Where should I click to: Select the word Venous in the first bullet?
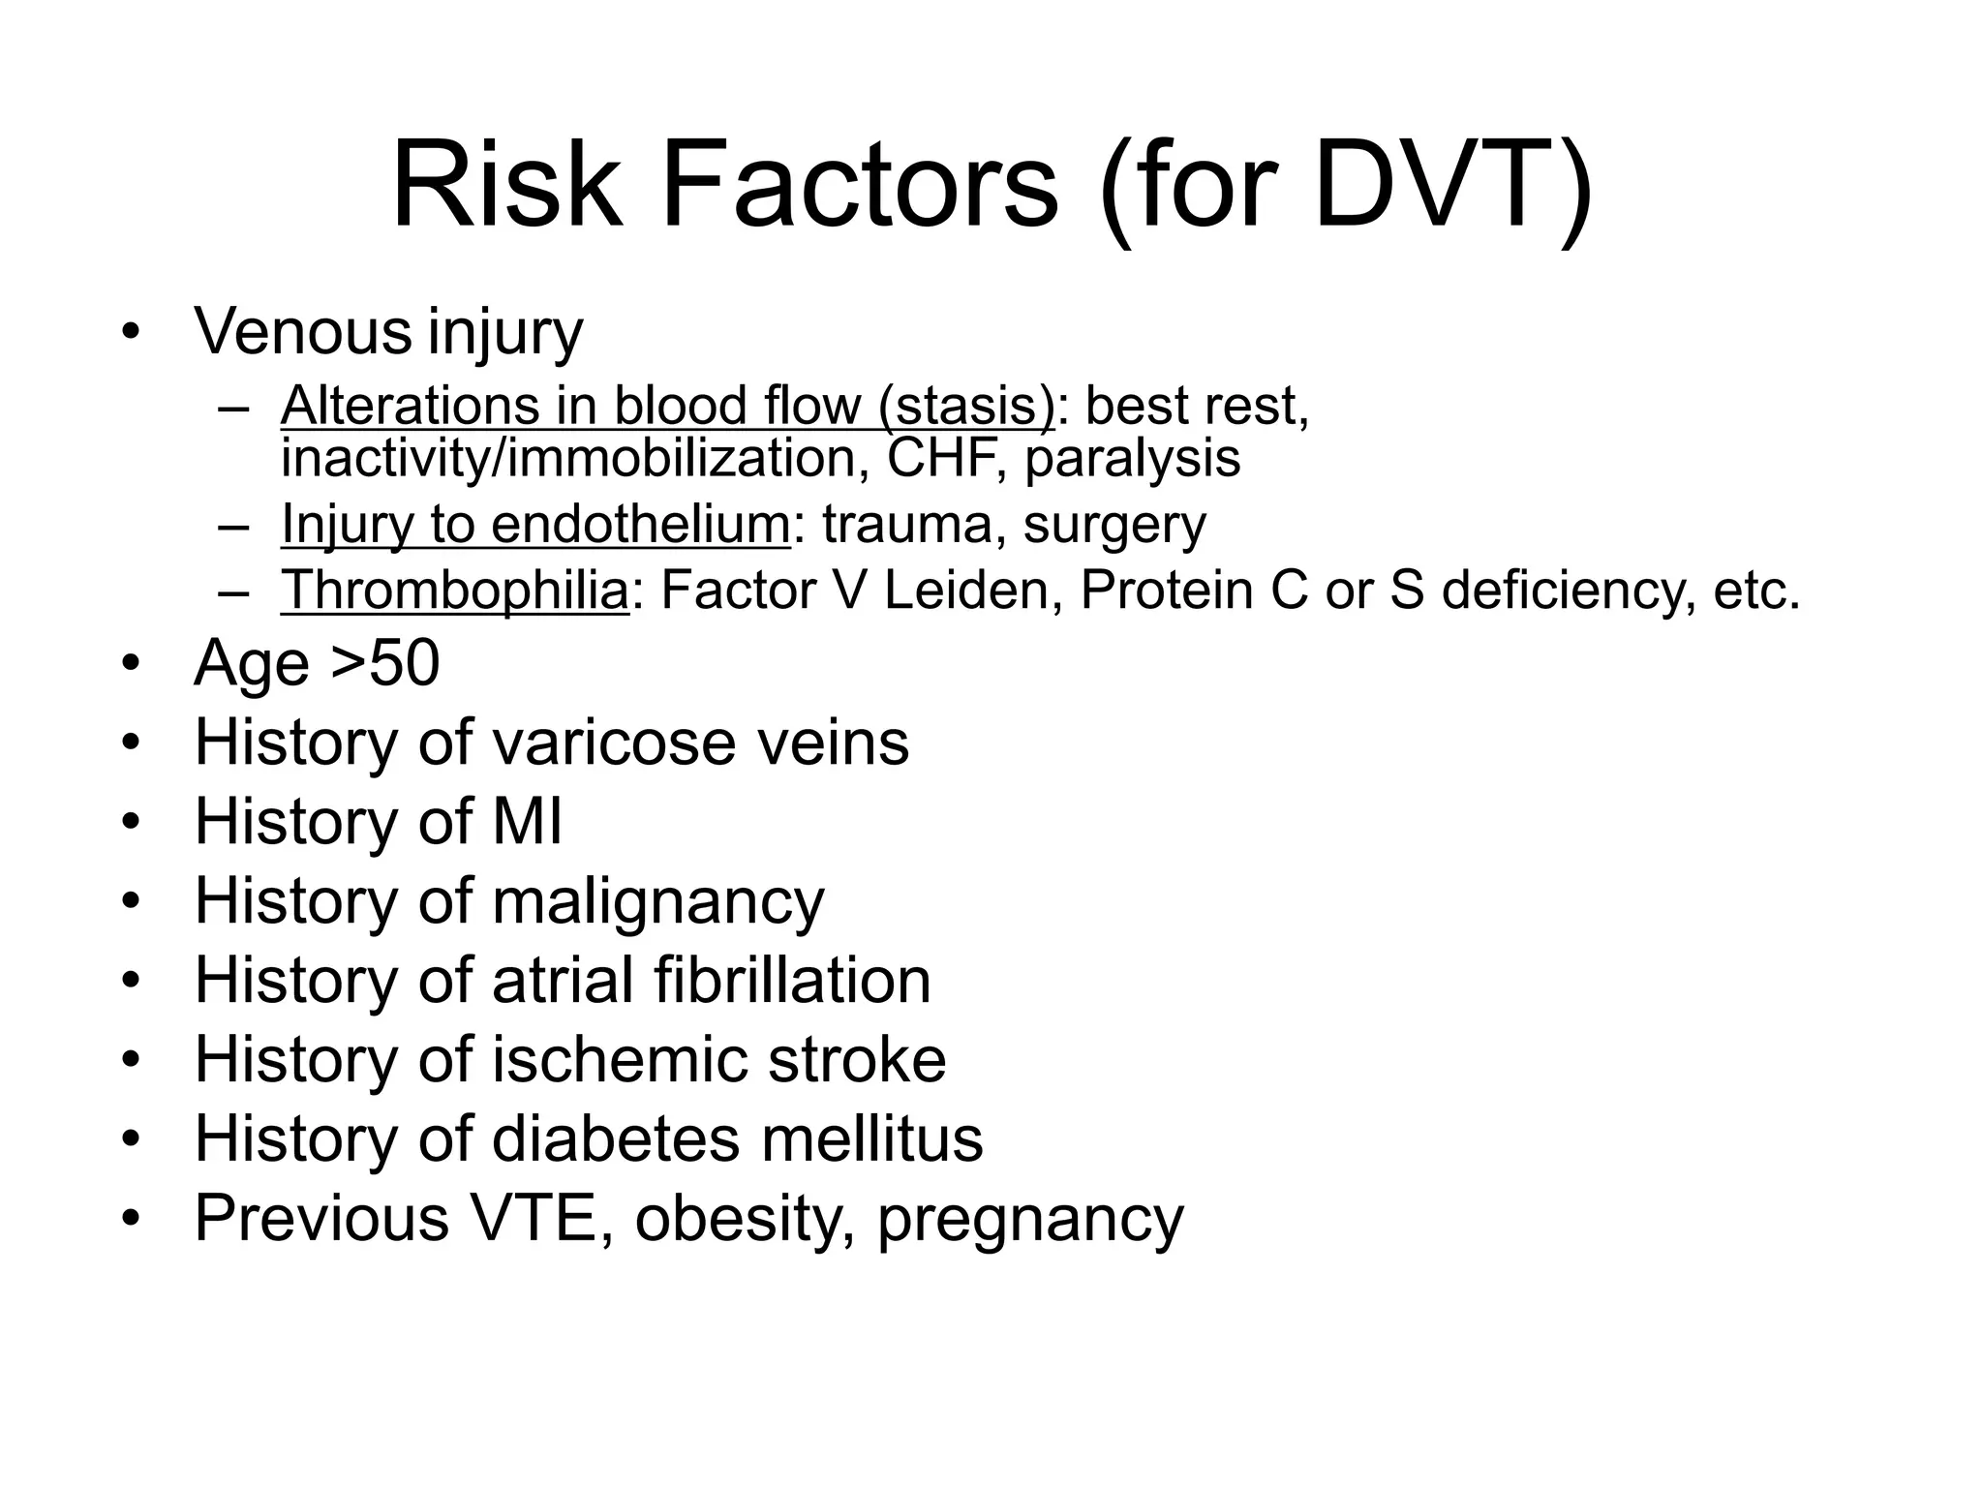tap(303, 331)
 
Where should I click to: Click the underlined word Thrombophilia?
tap(455, 590)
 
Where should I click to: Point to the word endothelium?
tap(640, 525)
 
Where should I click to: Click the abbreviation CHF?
tap(939, 458)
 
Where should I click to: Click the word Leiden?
tap(966, 590)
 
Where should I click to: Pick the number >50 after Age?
tap(385, 664)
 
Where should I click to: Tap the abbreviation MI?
tap(527, 822)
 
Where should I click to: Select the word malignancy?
tap(657, 902)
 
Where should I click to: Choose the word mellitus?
tap(871, 1138)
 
